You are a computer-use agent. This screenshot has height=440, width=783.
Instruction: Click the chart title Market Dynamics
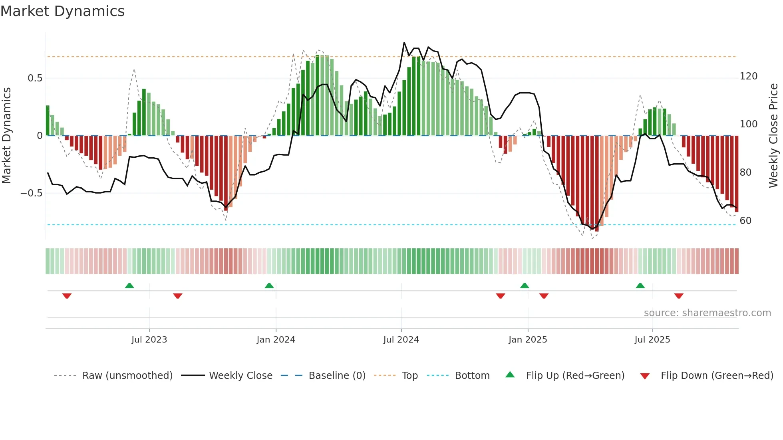(x=62, y=11)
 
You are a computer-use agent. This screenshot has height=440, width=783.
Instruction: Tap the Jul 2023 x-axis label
(x=149, y=340)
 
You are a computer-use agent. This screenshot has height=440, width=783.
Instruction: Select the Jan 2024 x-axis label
(x=276, y=340)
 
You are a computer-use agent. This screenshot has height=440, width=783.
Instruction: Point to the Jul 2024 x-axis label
(x=401, y=340)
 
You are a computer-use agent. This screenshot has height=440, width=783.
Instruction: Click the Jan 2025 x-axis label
(x=528, y=340)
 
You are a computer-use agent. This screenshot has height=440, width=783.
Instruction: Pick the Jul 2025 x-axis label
(x=652, y=340)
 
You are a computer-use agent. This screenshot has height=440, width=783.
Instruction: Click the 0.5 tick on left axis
(x=35, y=78)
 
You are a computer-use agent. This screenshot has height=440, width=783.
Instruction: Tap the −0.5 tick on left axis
(x=32, y=193)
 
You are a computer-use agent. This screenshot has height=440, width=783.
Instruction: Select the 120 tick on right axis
(x=748, y=76)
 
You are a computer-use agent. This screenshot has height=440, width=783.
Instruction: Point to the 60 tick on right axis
(x=745, y=221)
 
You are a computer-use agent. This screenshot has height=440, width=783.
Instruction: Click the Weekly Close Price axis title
(x=773, y=136)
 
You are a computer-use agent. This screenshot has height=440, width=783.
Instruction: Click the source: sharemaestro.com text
(x=707, y=313)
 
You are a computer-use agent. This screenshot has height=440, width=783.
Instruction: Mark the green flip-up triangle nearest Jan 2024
(x=269, y=285)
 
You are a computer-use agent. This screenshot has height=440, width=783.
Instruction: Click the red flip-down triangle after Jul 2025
(x=679, y=296)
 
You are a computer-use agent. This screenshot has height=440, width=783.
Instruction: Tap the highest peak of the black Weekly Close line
(x=404, y=43)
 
